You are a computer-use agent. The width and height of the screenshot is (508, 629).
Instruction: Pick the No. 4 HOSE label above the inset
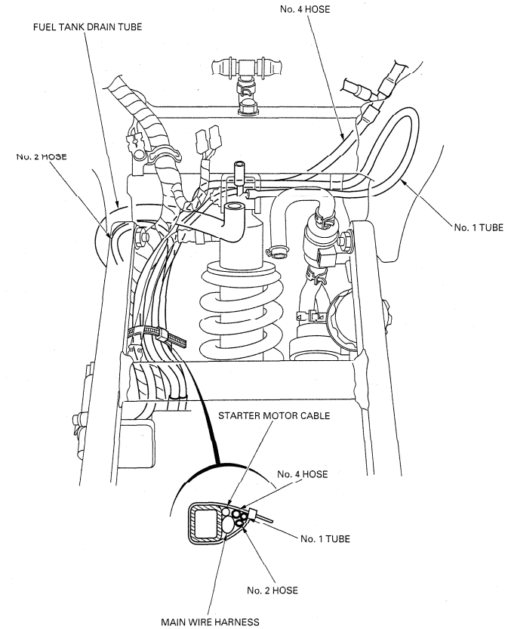[301, 474]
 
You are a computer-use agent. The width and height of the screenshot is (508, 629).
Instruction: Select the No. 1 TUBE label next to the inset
[329, 539]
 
